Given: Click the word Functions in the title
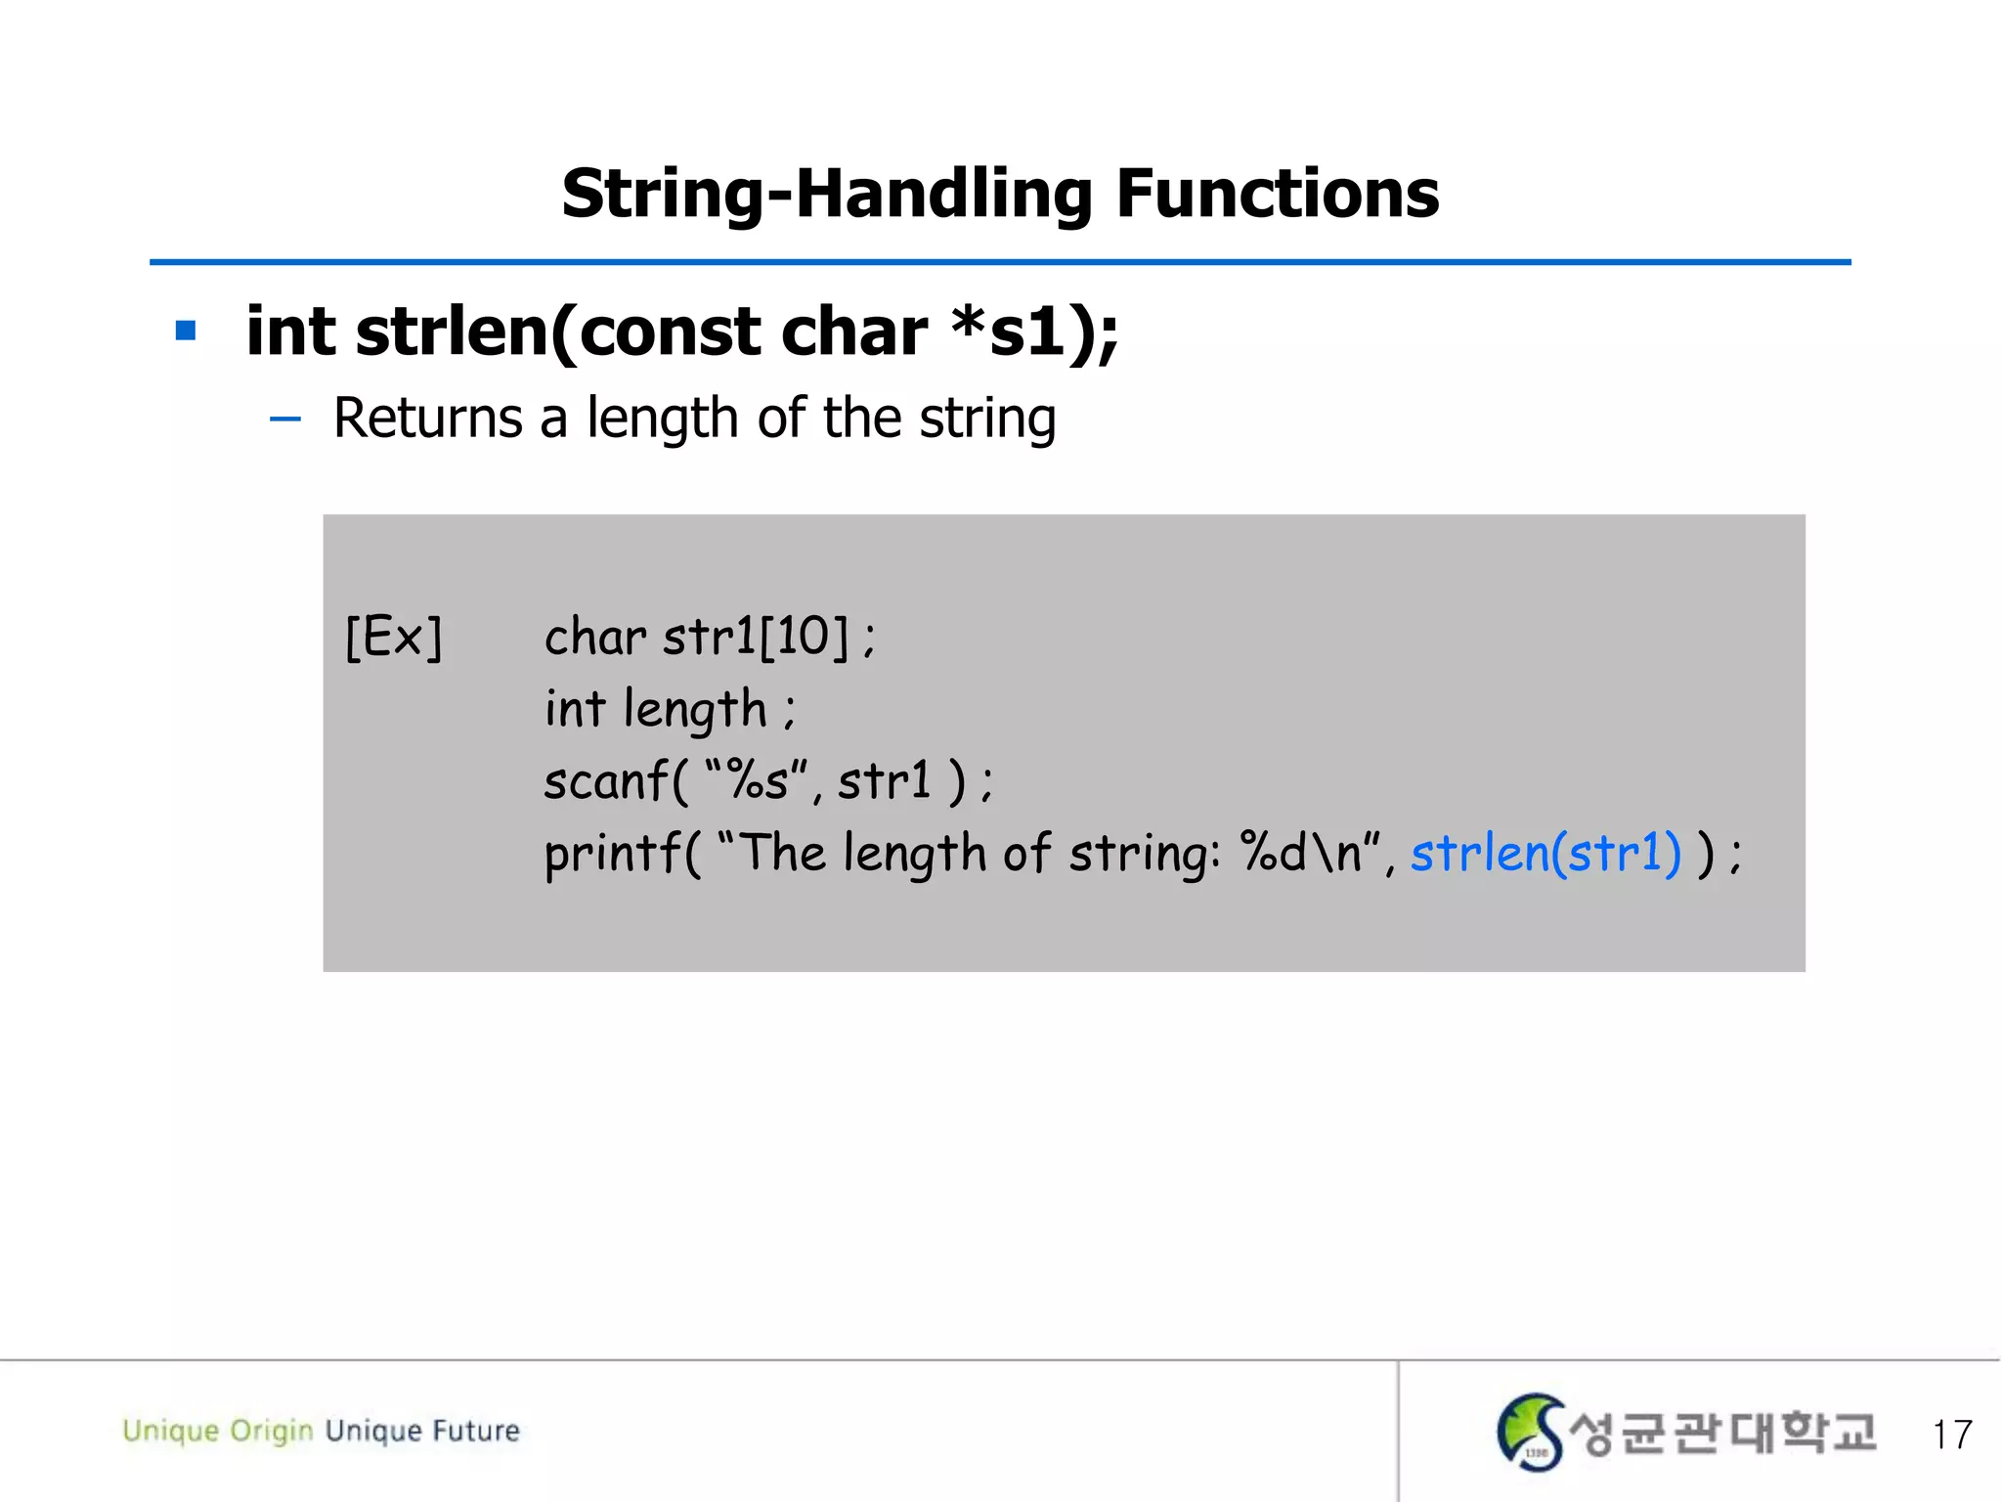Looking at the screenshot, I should click(x=1277, y=194).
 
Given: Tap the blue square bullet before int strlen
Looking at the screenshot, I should click(x=186, y=331).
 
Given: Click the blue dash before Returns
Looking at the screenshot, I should click(x=284, y=420).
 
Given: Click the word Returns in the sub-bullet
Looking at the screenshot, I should click(x=428, y=419).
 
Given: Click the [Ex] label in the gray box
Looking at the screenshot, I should click(x=394, y=638).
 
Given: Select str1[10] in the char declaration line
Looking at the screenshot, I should click(x=756, y=637).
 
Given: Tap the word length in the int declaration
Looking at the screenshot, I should click(x=694, y=710).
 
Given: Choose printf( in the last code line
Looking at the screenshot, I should click(x=622, y=853).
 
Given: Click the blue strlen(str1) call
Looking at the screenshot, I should click(x=1545, y=853).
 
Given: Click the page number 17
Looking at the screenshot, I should click(x=1951, y=1435).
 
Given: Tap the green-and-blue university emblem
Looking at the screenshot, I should click(x=1530, y=1432).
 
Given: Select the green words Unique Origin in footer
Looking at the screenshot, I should click(x=217, y=1431).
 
